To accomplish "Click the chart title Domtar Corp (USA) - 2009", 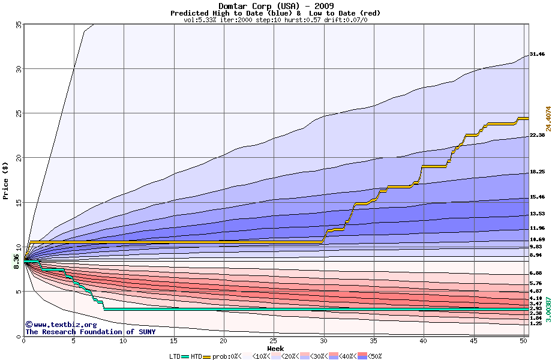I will pos(275,6).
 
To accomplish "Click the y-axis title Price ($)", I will pos(5,181).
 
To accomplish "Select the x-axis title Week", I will pos(275,348).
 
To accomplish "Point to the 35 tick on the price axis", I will pos(18,24).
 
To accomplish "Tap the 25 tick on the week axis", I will pos(274,341).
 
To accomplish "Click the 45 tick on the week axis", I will pos(474,341).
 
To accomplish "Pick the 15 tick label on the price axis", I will pos(18,203).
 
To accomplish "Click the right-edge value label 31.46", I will pos(537,55).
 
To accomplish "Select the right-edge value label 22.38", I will pos(537,136).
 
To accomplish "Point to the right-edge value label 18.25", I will pos(537,172).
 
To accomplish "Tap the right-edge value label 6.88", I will pos(536,274).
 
